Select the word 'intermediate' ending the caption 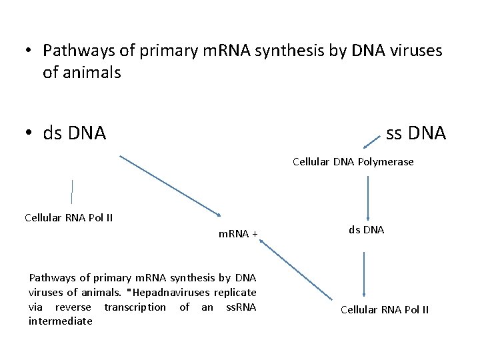pyautogui.click(x=61, y=321)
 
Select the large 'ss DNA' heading pyautogui.click(x=416, y=133)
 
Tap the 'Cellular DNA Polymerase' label pyautogui.click(x=353, y=162)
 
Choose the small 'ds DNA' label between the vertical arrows pyautogui.click(x=366, y=230)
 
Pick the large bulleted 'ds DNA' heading pyautogui.click(x=74, y=133)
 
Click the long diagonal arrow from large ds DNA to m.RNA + pyautogui.click(x=171, y=185)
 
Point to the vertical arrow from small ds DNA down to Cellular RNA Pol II pyautogui.click(x=365, y=273)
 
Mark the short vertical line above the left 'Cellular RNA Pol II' pyautogui.click(x=72, y=191)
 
